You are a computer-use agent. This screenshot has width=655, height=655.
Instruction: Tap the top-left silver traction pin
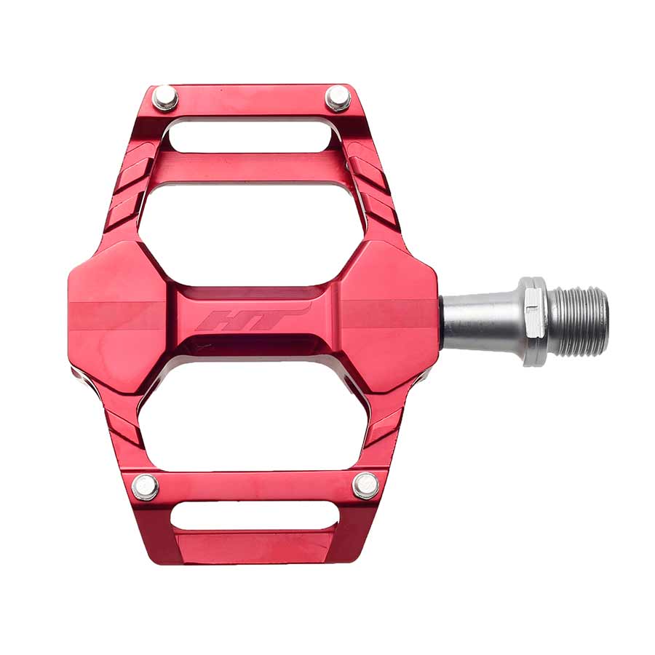[165, 97]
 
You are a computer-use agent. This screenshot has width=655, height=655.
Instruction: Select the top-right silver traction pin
[337, 98]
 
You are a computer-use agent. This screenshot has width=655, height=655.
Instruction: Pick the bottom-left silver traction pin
[146, 486]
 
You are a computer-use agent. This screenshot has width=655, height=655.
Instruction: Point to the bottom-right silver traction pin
[365, 485]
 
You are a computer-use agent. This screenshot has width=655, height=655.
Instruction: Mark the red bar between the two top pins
[251, 98]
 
